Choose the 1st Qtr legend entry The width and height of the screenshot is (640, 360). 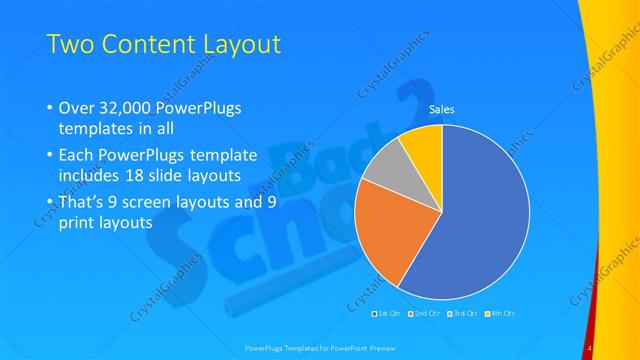(x=390, y=313)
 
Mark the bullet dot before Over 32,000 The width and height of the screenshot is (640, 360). (x=52, y=108)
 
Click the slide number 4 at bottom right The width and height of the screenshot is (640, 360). (x=590, y=346)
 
